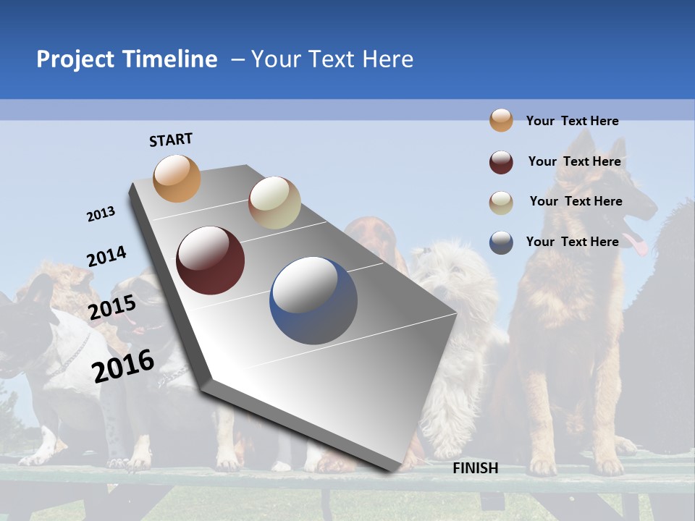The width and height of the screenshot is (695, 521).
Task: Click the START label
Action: (171, 140)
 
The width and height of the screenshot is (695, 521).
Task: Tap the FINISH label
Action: (476, 468)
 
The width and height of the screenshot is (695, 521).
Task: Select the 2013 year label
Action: (101, 214)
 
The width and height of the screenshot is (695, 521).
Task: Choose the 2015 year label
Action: (111, 308)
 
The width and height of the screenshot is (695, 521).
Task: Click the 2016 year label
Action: (123, 365)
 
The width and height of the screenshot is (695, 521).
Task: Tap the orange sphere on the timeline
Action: (177, 178)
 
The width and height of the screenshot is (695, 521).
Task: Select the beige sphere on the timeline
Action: (274, 203)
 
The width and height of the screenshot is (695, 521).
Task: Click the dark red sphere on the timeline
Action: (211, 260)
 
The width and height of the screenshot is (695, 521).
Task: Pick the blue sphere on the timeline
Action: (313, 300)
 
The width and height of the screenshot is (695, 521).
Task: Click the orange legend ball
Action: (501, 120)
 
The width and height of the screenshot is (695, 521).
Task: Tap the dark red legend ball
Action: (501, 162)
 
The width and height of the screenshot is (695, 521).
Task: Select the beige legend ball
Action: (501, 203)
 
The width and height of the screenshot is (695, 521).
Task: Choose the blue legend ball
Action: (501, 242)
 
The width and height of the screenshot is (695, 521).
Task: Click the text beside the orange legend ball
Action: (572, 121)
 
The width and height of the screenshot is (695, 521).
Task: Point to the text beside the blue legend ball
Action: (572, 242)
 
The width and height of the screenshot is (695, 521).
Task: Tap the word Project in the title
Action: (75, 59)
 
